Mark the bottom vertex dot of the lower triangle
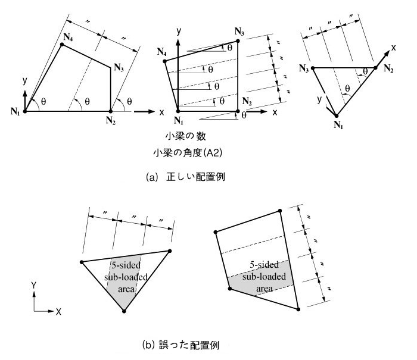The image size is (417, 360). pyautogui.click(x=124, y=311)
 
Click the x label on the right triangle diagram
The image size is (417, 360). pyautogui.click(x=394, y=46)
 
